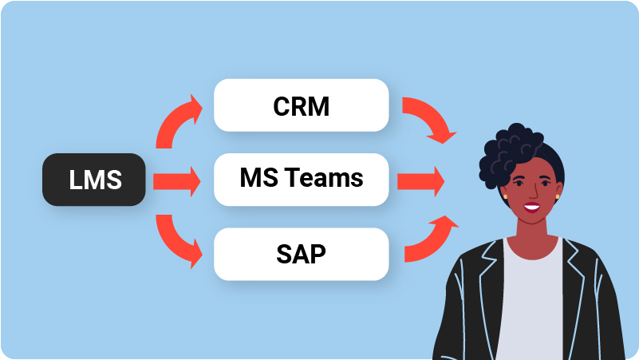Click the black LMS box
94,180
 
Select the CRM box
301,106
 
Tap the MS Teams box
301,180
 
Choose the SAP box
301,255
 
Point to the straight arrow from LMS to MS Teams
176,181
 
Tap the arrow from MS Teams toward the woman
420,181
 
